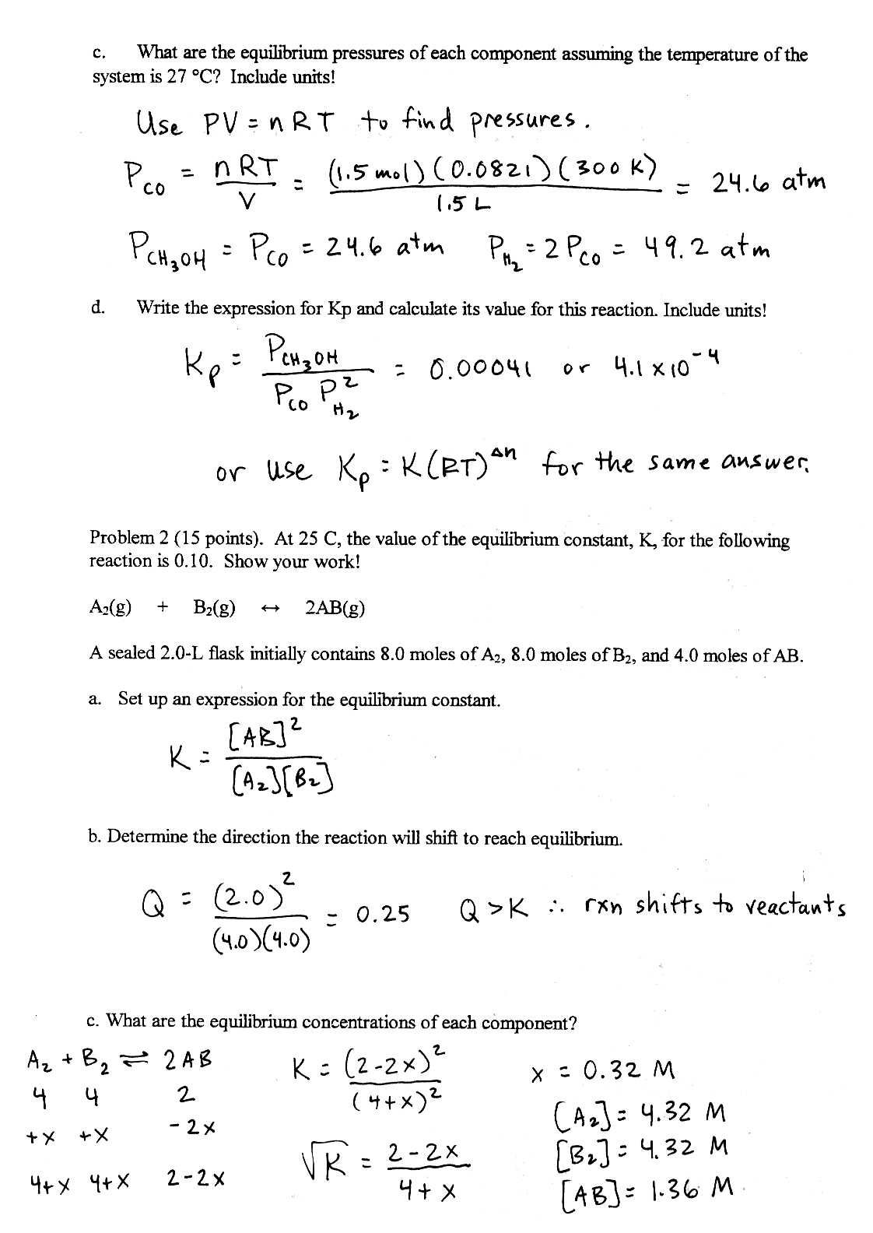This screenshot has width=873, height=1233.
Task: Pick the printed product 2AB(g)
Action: [335, 609]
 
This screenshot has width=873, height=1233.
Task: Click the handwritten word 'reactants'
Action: [795, 907]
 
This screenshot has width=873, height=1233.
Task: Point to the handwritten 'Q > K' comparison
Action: [495, 908]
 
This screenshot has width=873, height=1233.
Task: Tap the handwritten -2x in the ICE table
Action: [191, 1127]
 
